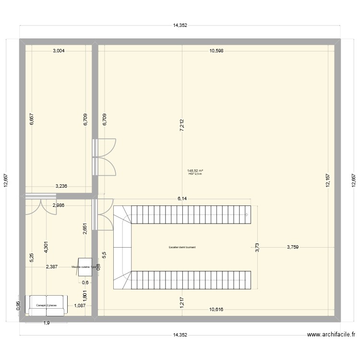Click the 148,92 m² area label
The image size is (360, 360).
(195, 170)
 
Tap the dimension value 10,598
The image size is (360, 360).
(216, 50)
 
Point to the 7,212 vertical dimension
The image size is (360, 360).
(181, 125)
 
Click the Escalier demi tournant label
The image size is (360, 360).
(182, 248)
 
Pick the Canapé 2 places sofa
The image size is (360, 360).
(47, 305)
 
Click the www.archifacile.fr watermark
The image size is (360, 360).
(331, 336)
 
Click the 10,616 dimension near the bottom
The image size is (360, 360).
(216, 310)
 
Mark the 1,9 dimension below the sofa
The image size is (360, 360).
(46, 323)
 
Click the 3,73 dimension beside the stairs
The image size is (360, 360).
(256, 248)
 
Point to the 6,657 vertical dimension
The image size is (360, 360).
(32, 120)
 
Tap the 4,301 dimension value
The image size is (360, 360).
(46, 248)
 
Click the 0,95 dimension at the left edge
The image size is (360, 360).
(18, 306)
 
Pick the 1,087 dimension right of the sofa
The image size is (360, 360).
(80, 305)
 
